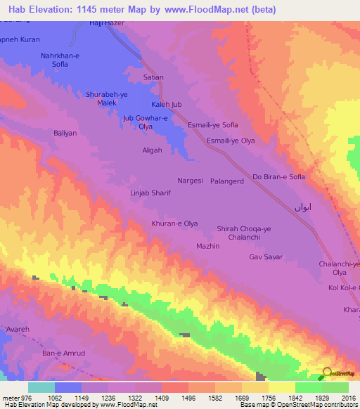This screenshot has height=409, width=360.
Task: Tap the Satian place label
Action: coord(153,77)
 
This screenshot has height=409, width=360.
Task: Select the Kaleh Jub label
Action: coord(167,105)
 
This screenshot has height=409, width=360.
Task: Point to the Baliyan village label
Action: coord(67,132)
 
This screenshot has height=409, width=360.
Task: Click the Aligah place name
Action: coord(153,150)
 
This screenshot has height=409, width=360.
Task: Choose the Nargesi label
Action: coord(190,181)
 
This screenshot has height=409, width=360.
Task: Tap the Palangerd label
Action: coord(226,181)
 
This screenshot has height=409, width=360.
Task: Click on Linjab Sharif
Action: coord(150,193)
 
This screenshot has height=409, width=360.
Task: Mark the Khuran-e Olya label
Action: coord(174,223)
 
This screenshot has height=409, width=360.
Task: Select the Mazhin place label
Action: coord(208,246)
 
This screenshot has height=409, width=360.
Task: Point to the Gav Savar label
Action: coord(265,257)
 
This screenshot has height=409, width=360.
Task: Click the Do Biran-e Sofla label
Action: coord(278,177)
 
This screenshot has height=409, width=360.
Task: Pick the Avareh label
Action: coord(17,327)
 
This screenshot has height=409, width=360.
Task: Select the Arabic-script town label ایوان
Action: coord(302,208)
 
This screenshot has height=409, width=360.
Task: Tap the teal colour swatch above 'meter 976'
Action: coord(41,387)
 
